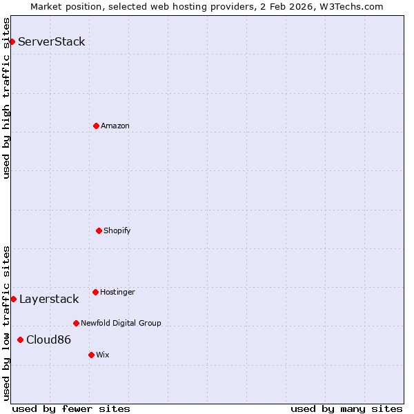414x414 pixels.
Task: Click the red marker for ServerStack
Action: (12, 41)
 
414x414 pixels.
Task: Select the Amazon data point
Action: (96, 126)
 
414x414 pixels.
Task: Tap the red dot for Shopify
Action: (99, 230)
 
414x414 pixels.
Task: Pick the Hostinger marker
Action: (95, 292)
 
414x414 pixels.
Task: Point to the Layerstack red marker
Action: (13, 299)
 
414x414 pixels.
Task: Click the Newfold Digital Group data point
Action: (76, 323)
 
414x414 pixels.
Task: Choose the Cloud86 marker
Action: (20, 339)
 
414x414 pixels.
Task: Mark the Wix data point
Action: (91, 355)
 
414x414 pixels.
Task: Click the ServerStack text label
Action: (52, 41)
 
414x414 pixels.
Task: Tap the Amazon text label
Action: (115, 126)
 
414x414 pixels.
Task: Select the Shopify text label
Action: (117, 230)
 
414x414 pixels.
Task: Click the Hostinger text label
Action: (117, 292)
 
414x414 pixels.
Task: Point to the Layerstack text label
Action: (49, 299)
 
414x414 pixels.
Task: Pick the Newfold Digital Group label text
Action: (121, 323)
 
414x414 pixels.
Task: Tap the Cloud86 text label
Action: (48, 339)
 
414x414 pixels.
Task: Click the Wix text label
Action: (103, 355)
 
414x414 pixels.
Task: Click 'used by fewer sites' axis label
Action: (71, 408)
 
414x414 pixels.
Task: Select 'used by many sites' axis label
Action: (346, 408)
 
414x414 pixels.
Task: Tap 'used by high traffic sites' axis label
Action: (6, 98)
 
